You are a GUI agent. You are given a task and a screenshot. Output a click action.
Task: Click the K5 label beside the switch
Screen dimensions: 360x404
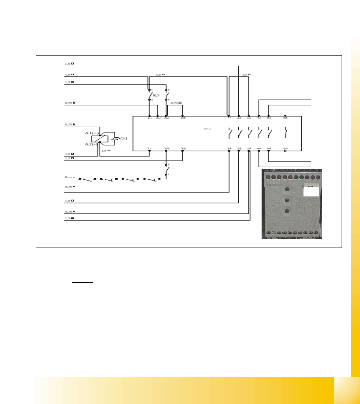point(156,95)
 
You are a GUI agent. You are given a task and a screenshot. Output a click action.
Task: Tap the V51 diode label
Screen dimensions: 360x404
point(123,138)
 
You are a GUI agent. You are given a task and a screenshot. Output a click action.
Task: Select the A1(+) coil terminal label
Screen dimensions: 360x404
point(92,133)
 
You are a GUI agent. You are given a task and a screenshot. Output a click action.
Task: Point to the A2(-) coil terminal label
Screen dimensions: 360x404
point(91,144)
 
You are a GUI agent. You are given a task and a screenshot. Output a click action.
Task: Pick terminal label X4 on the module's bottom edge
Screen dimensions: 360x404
point(166,149)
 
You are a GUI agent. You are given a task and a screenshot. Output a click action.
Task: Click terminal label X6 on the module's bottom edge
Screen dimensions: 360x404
point(183,149)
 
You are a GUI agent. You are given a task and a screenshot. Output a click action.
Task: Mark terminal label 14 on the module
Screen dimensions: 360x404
point(229,149)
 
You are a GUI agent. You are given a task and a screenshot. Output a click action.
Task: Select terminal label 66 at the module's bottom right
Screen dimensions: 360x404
point(285,149)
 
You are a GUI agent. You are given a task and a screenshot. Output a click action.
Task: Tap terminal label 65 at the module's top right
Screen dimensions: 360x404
point(285,118)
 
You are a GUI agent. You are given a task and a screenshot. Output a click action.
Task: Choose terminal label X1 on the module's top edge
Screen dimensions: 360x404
point(158,118)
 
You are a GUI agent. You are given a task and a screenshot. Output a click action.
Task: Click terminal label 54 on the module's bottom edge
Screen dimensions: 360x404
point(269,149)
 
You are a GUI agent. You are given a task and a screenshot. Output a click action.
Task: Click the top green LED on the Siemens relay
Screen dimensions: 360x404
point(287,190)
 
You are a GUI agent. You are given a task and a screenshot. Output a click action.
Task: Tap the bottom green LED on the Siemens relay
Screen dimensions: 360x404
point(287,211)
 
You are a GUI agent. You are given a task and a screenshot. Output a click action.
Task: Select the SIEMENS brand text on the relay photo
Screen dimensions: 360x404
point(274,185)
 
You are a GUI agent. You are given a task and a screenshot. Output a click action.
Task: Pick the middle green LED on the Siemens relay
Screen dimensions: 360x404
point(287,201)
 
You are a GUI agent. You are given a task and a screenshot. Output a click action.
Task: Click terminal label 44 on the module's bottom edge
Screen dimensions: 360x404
point(259,149)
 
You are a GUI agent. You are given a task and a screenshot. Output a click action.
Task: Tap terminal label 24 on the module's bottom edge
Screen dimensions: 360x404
point(239,149)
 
